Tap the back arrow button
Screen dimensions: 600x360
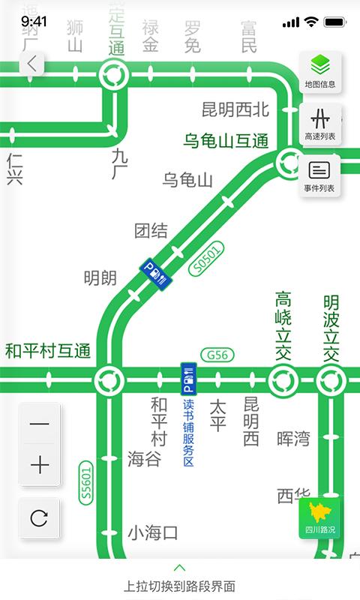(31, 64)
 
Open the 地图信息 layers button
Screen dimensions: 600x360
(320, 71)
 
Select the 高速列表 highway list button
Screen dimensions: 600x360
(320, 124)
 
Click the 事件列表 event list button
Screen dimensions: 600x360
(320, 176)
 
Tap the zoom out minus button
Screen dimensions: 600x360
(40, 424)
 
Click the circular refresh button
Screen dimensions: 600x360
(40, 518)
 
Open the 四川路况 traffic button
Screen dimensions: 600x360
(320, 517)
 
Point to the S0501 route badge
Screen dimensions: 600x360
(208, 259)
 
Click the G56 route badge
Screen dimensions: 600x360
(217, 355)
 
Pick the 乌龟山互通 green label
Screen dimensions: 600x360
(226, 140)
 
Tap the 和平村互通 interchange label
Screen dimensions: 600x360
(48, 350)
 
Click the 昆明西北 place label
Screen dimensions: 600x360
(235, 109)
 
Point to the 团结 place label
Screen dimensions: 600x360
(151, 231)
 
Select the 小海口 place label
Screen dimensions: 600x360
(153, 533)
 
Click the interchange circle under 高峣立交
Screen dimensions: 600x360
(283, 380)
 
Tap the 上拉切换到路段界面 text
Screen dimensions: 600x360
(180, 586)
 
